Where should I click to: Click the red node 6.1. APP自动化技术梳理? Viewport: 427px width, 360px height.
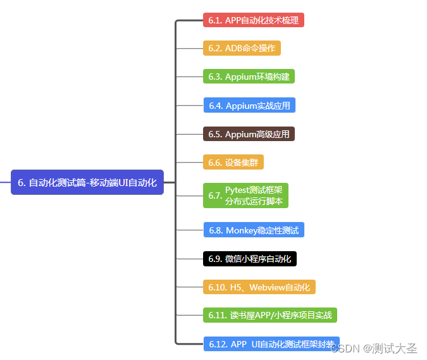tap(253, 20)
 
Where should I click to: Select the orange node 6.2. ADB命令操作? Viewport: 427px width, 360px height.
tap(242, 48)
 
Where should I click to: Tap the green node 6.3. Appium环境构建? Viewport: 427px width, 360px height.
tap(249, 77)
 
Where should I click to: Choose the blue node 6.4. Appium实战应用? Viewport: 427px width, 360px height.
tap(249, 105)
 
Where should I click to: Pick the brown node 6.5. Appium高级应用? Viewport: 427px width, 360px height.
tap(249, 134)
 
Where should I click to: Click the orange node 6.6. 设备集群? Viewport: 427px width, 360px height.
tap(233, 163)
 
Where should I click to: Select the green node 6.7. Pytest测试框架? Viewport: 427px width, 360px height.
tap(245, 196)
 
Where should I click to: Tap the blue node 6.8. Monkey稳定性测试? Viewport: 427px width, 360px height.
tap(253, 230)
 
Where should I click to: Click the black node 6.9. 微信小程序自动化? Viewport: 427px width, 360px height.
tap(249, 259)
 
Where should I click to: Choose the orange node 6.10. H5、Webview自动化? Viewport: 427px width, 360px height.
tap(259, 287)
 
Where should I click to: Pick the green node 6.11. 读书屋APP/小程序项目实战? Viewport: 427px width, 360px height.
tap(270, 315)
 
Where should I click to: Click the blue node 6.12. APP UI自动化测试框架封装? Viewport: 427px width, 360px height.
tap(271, 344)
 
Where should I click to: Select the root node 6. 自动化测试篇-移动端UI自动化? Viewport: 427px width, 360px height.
tap(87, 182)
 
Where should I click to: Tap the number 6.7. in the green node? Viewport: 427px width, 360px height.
tap(214, 196)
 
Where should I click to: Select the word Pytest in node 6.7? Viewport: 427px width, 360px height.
tap(237, 190)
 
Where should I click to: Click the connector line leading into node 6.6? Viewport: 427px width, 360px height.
tap(189, 163)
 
